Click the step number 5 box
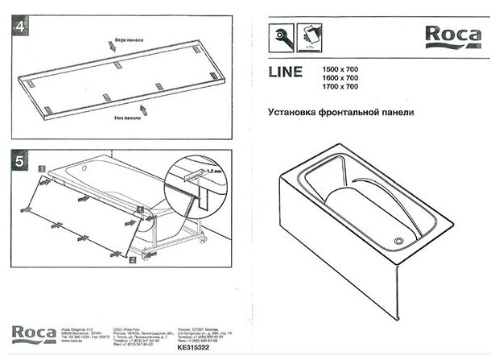(x=20, y=160)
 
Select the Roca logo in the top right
(x=453, y=35)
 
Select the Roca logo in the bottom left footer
(x=33, y=333)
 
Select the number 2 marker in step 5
(x=131, y=260)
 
